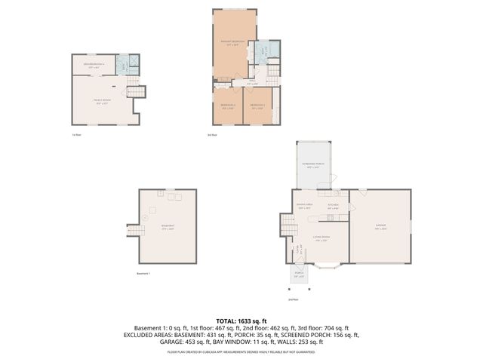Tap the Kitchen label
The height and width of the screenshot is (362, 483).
pos(333,207)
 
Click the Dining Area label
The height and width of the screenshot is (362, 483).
pos(304,207)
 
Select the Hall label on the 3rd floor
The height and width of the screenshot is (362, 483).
pos(252,83)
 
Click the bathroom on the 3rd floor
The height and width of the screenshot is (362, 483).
pos(265,53)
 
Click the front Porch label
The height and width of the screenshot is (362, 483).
pos(299,275)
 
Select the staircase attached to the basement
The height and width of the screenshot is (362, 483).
pos(132,226)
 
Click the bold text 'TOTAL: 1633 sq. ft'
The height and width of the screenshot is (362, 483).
pos(241,321)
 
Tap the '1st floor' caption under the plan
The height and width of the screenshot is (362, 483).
pos(76,135)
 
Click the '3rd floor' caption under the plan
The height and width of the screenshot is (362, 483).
pos(213,135)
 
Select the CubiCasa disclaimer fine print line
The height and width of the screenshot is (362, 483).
pos(241,351)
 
